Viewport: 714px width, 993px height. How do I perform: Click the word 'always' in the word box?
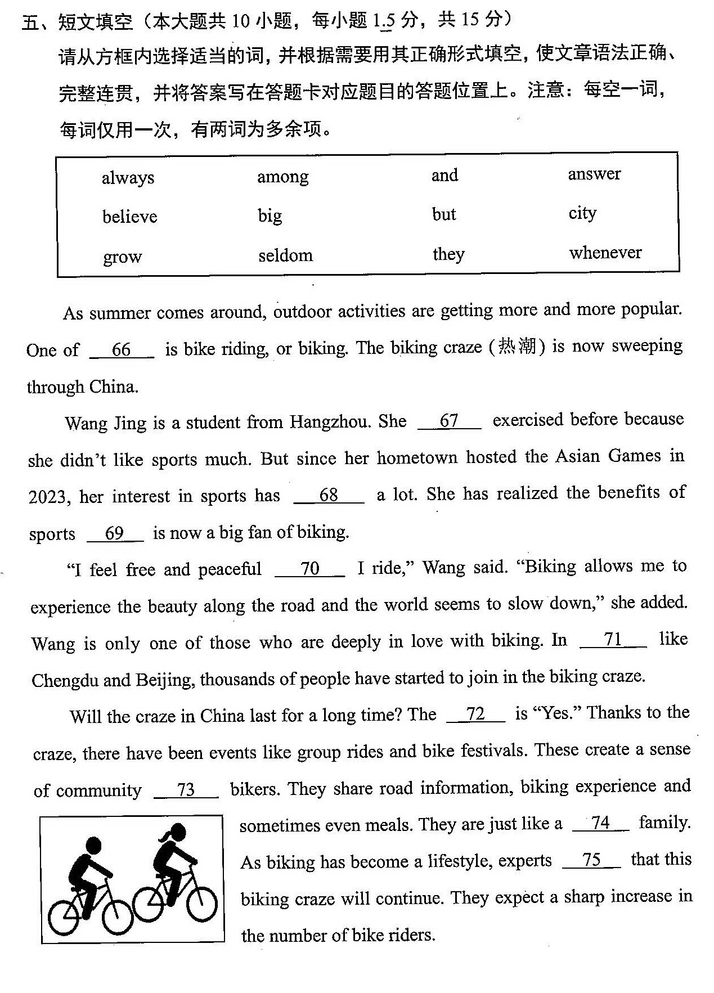[128, 178]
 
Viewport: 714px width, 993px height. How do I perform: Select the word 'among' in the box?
[282, 177]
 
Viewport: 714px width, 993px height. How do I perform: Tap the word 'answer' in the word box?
[594, 174]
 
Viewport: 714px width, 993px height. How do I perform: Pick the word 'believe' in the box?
[129, 217]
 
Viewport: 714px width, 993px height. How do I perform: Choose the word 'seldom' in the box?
[285, 255]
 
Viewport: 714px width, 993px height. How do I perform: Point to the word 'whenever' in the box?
[605, 252]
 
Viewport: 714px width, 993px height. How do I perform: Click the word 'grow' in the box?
[122, 257]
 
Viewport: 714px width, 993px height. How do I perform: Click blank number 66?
[122, 350]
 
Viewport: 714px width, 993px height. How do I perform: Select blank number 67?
[449, 421]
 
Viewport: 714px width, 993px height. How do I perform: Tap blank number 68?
[329, 495]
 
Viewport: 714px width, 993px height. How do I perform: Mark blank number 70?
[309, 569]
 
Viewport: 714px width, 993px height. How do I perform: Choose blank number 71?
[613, 640]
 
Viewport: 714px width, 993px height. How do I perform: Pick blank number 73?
[186, 790]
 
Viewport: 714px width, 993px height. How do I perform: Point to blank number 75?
[591, 860]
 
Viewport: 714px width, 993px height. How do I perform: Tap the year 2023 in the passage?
[49, 497]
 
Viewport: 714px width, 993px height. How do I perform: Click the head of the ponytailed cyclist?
[177, 832]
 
